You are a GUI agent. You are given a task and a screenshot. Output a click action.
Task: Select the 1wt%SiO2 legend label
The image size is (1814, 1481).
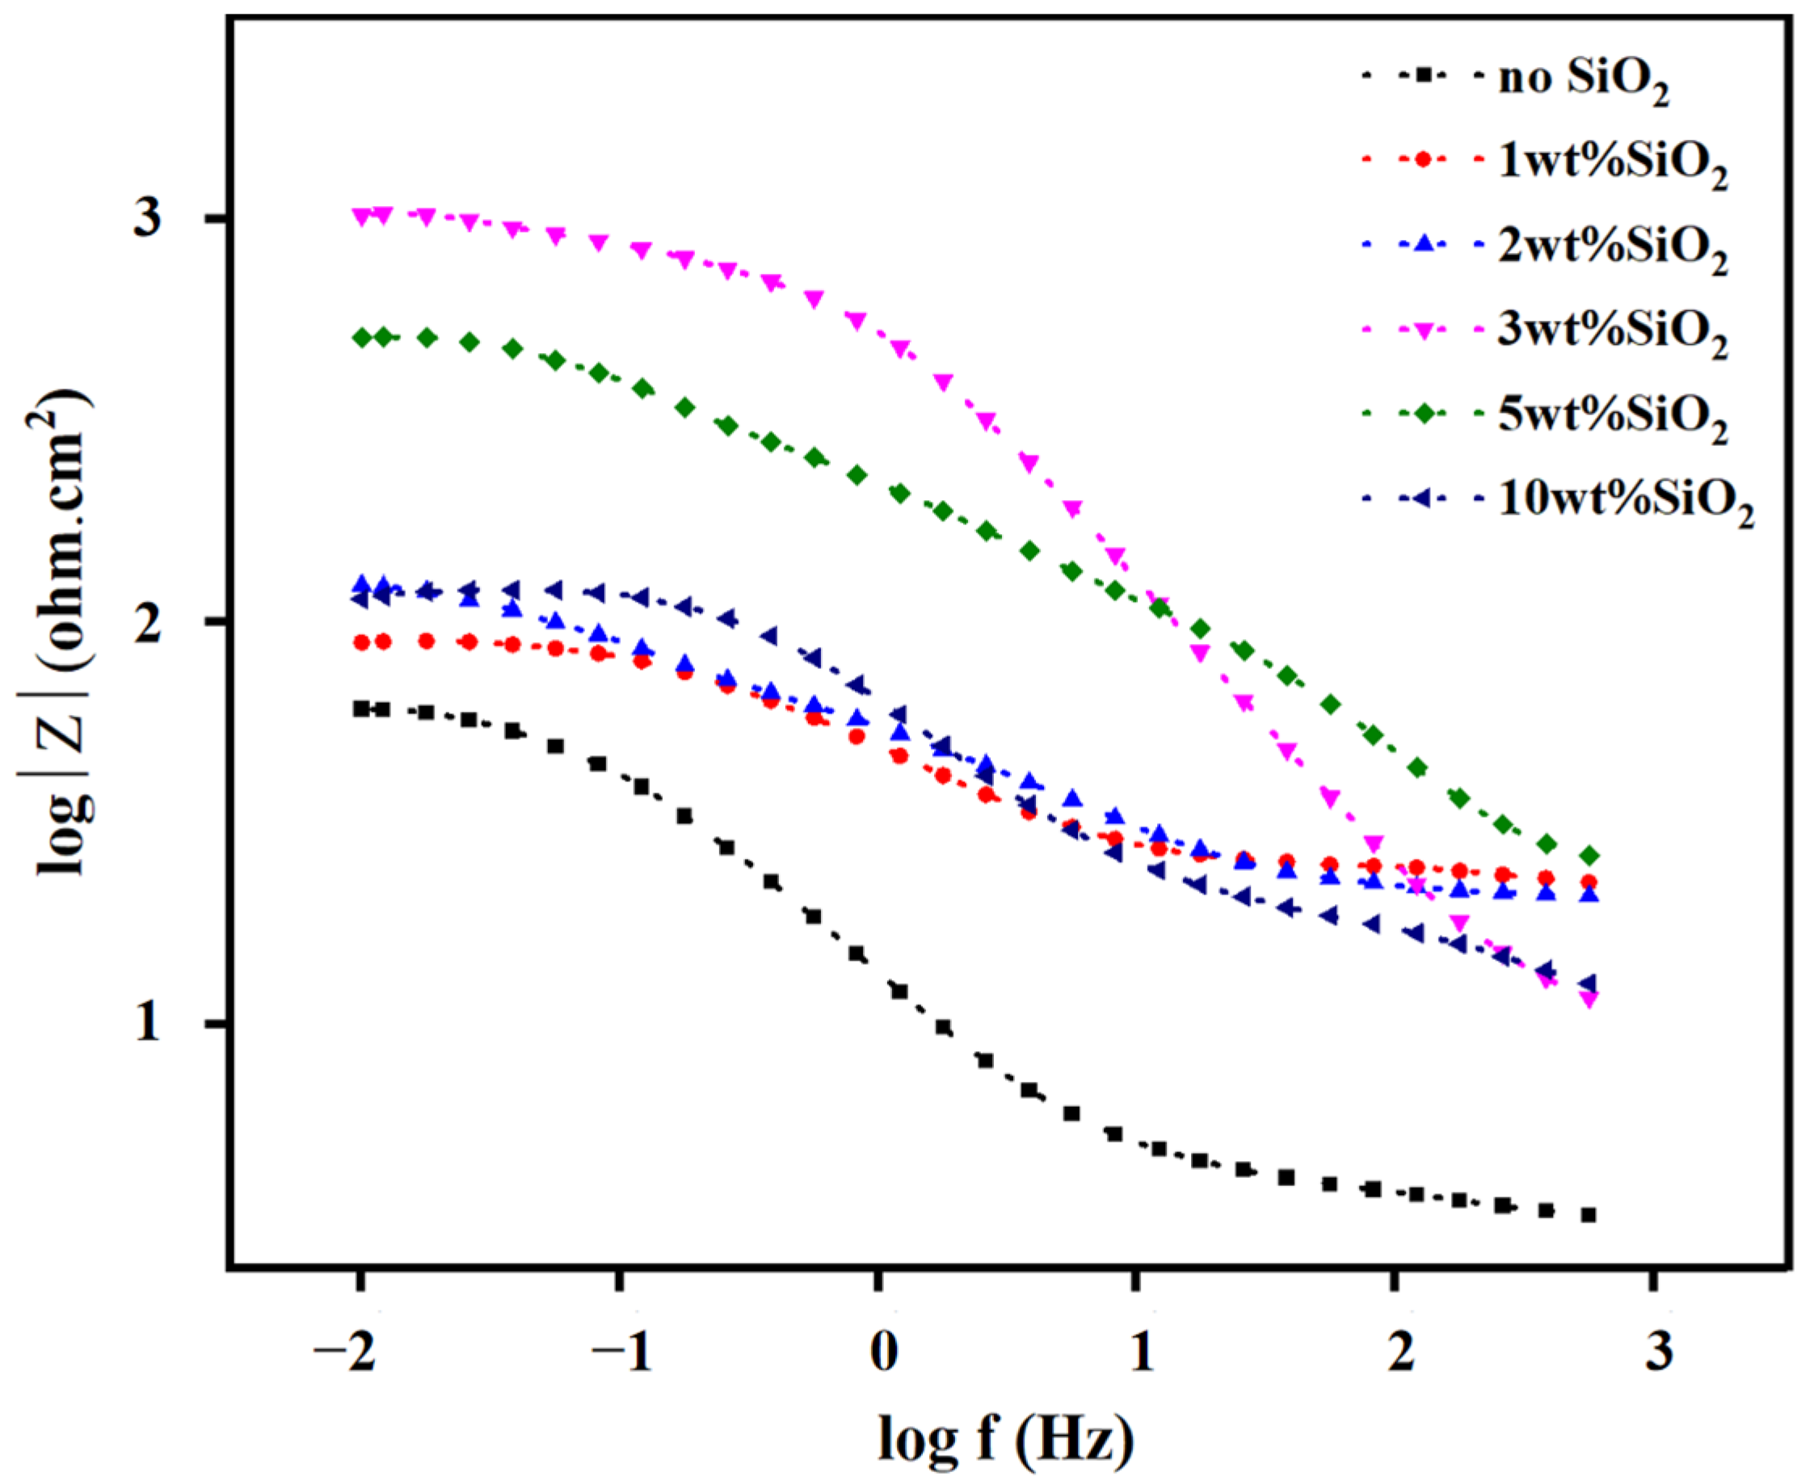coord(1613,163)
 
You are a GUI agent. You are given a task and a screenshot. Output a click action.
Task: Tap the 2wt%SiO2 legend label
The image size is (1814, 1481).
coord(1613,247)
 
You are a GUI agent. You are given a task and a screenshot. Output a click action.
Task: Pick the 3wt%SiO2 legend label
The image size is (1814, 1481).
coord(1613,332)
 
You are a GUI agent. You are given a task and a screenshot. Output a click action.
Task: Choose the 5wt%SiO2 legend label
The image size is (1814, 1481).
coord(1613,416)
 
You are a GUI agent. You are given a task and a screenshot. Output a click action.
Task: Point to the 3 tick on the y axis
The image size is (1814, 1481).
coord(149,219)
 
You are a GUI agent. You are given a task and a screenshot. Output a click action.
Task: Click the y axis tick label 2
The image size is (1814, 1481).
coord(149,622)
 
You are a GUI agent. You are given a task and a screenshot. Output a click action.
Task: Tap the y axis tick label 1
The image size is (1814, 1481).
coord(149,1024)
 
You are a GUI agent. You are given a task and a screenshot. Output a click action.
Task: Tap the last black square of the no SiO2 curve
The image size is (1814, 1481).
coord(1588,1215)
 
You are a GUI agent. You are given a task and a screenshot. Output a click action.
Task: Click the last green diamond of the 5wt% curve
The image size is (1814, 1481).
coord(1589,856)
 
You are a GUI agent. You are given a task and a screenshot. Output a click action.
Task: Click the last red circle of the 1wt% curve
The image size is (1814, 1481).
coord(1589,882)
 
